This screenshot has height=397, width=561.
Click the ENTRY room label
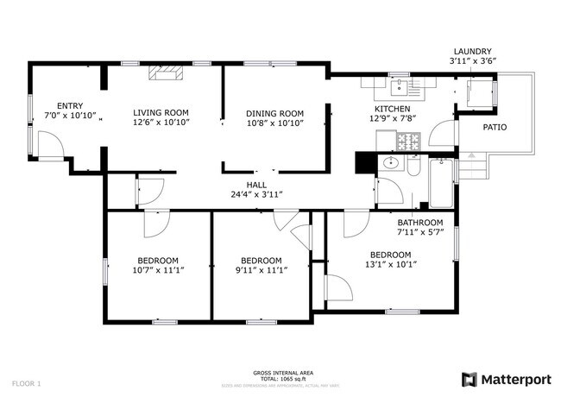(70, 105)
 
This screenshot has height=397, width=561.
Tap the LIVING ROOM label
(161, 112)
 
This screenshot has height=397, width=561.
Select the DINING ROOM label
(274, 113)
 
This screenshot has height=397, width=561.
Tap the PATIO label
(495, 127)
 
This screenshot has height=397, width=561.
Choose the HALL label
(256, 185)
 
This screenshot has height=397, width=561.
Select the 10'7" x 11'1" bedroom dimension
(158, 270)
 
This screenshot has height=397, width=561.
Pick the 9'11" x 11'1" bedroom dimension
(262, 270)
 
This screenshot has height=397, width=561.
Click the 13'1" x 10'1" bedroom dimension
(391, 264)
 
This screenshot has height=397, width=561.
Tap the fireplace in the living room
(163, 76)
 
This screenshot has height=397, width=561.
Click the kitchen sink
(400, 85)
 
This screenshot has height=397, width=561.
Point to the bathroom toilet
(413, 167)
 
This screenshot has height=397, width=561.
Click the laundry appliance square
(476, 92)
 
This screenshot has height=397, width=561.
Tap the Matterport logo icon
(470, 379)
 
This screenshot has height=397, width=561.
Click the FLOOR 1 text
(27, 382)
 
